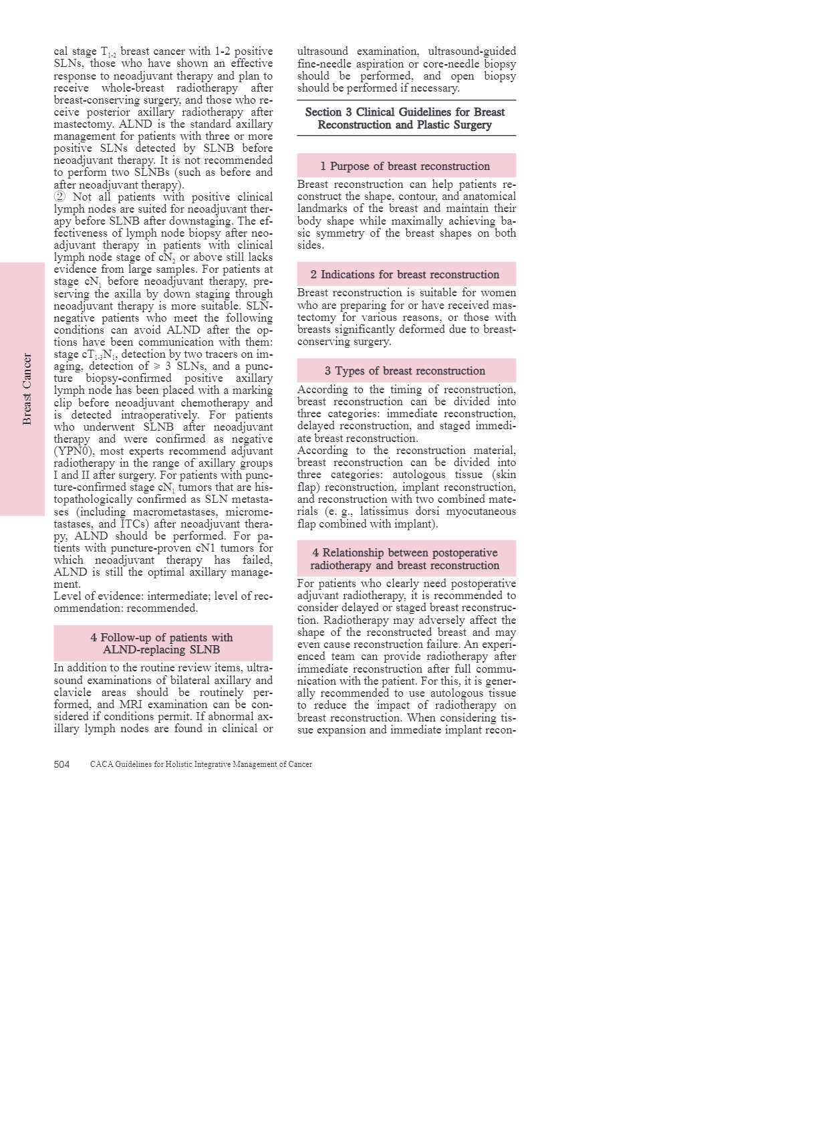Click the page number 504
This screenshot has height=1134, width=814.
click(61, 764)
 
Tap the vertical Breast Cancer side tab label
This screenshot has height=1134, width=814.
click(27, 389)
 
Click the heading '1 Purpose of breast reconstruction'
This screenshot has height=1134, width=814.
click(406, 166)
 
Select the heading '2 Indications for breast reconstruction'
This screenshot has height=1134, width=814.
click(406, 274)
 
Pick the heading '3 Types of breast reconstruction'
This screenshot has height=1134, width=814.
click(406, 370)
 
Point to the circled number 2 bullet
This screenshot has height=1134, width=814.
click(59, 197)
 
